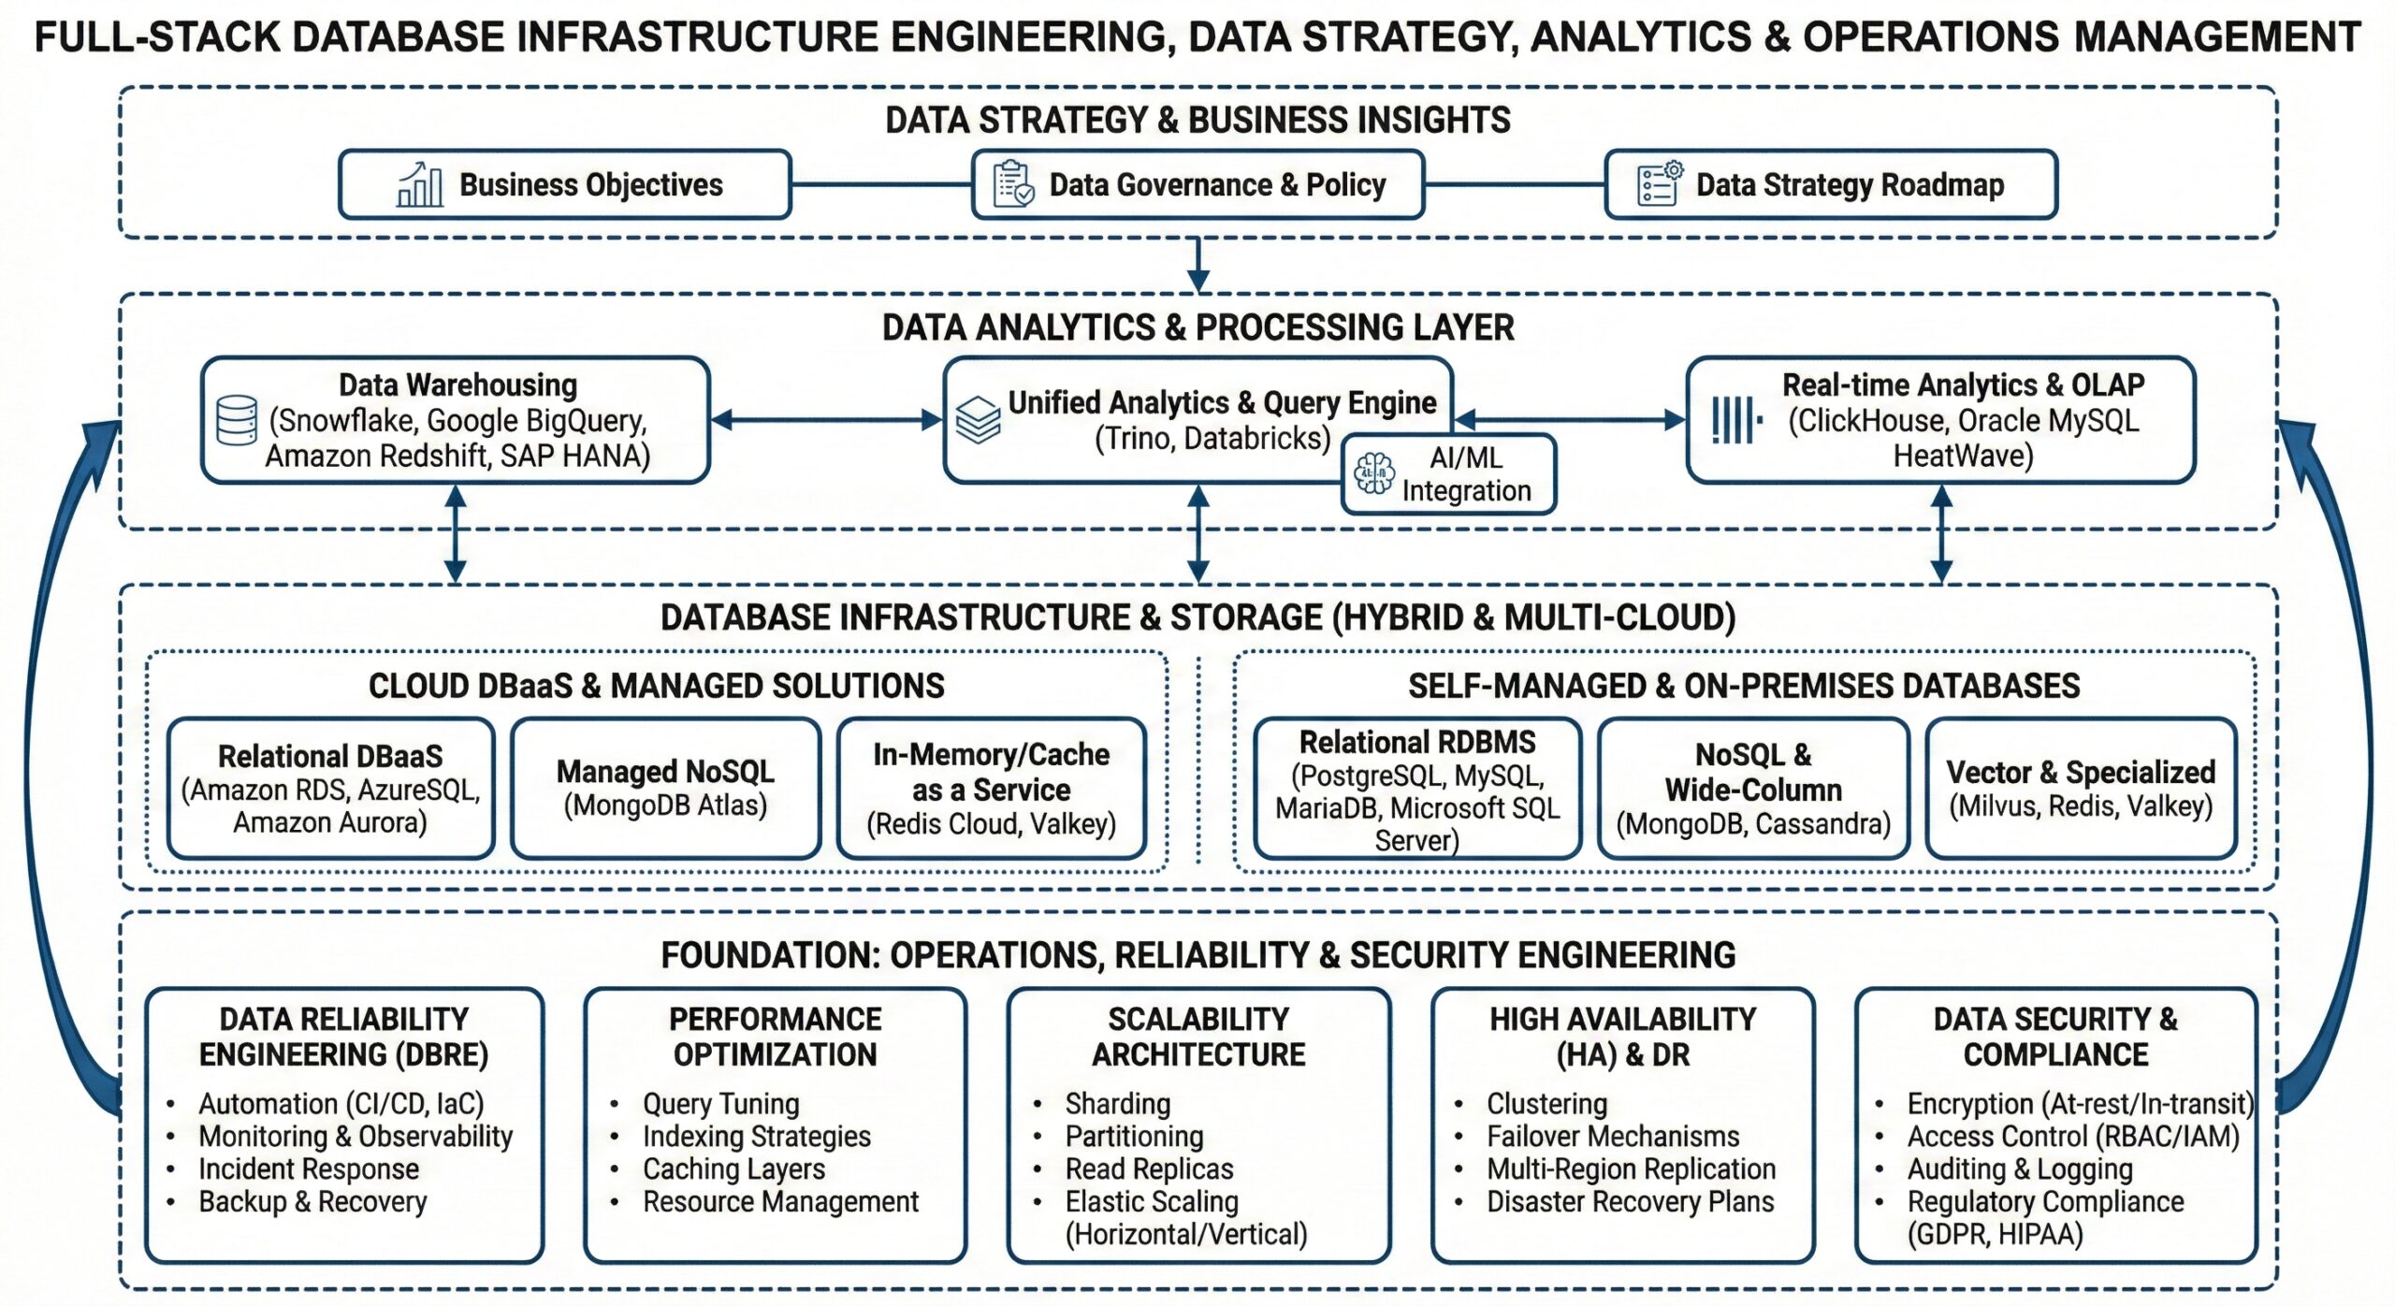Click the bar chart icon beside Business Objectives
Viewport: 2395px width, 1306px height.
[x=420, y=184]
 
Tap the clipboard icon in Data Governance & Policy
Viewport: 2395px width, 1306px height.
[x=1013, y=183]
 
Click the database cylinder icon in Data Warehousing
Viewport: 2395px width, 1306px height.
[x=237, y=420]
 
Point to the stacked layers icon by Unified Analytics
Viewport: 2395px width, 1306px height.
[x=978, y=420]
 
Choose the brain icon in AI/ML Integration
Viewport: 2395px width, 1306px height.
[x=1374, y=473]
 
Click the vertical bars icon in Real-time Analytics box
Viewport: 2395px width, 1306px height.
[x=1736, y=420]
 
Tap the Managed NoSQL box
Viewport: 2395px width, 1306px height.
[x=665, y=788]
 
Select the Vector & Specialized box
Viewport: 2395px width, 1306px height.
[x=2081, y=788]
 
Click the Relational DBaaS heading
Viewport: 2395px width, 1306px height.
[x=330, y=756]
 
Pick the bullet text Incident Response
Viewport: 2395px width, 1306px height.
[x=309, y=1168]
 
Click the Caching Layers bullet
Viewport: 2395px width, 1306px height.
[x=733, y=1168]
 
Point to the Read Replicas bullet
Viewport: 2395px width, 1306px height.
[x=1149, y=1168]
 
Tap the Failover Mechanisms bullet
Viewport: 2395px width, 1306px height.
[x=1613, y=1136]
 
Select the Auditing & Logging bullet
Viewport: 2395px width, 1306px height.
[x=2020, y=1168]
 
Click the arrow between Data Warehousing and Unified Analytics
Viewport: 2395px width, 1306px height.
[x=827, y=420]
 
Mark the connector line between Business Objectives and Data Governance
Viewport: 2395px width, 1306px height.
[x=882, y=184]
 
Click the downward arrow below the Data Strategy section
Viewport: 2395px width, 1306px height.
[x=1198, y=266]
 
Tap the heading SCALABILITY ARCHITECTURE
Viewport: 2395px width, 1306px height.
[x=1198, y=1037]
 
